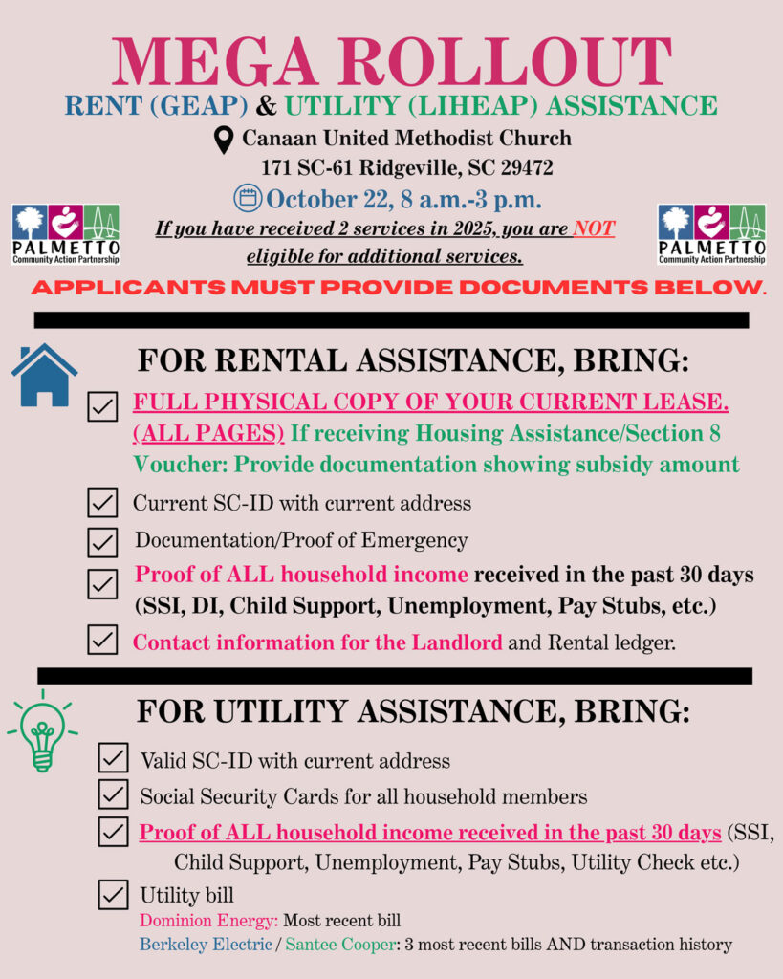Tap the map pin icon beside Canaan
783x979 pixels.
(223, 140)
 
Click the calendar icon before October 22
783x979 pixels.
(248, 199)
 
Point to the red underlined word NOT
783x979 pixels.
(593, 229)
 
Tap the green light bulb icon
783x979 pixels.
(42, 731)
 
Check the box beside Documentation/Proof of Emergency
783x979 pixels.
(102, 542)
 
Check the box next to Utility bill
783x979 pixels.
(114, 896)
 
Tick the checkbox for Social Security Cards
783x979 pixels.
(114, 794)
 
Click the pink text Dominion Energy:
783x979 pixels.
(209, 921)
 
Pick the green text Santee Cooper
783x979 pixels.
(339, 945)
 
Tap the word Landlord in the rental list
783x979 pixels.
(457, 642)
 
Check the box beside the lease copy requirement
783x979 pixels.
(102, 406)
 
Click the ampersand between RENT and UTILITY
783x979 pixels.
(267, 105)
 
